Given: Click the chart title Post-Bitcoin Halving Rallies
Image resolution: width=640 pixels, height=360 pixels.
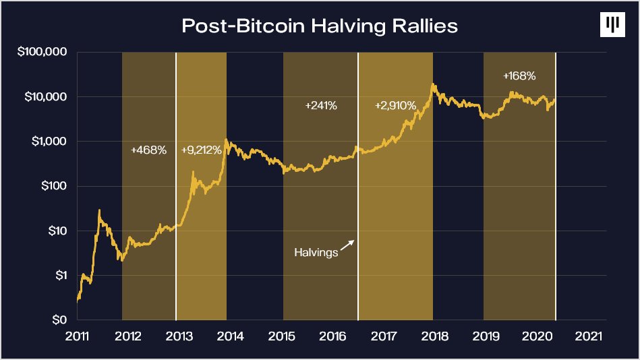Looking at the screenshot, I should pyautogui.click(x=320, y=26).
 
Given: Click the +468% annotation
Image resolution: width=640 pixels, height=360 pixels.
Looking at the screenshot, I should pyautogui.click(x=148, y=150).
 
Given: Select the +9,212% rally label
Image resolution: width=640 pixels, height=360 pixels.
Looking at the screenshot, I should pyautogui.click(x=201, y=150).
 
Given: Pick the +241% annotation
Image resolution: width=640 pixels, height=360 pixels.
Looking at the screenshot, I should pyautogui.click(x=321, y=106).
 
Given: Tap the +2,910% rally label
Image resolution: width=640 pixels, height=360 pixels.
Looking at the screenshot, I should pyautogui.click(x=395, y=106).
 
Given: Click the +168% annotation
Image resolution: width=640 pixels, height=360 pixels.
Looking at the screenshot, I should pyautogui.click(x=519, y=76).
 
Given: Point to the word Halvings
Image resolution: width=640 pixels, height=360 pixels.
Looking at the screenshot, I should pyautogui.click(x=316, y=253).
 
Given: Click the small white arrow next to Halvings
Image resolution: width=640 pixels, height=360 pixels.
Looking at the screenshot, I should pyautogui.click(x=347, y=245).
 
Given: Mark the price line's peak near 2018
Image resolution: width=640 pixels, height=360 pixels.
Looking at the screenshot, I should pyautogui.click(x=433, y=85).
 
